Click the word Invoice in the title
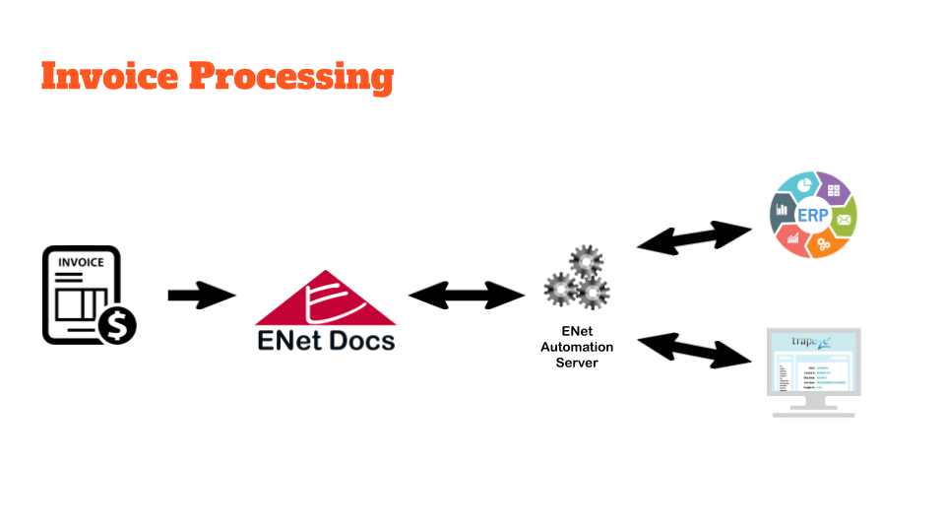point(109,76)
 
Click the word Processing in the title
point(290,77)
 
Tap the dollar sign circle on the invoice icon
point(118,324)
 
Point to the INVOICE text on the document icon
point(81,263)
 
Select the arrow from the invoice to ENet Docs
point(202,295)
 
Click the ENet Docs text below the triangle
point(325,341)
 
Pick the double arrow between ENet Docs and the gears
point(467,295)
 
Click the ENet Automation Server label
point(577,348)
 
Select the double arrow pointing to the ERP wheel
point(694,236)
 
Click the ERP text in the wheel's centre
point(812,216)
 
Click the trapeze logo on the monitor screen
point(813,343)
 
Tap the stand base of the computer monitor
point(813,411)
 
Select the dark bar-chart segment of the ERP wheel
point(783,208)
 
